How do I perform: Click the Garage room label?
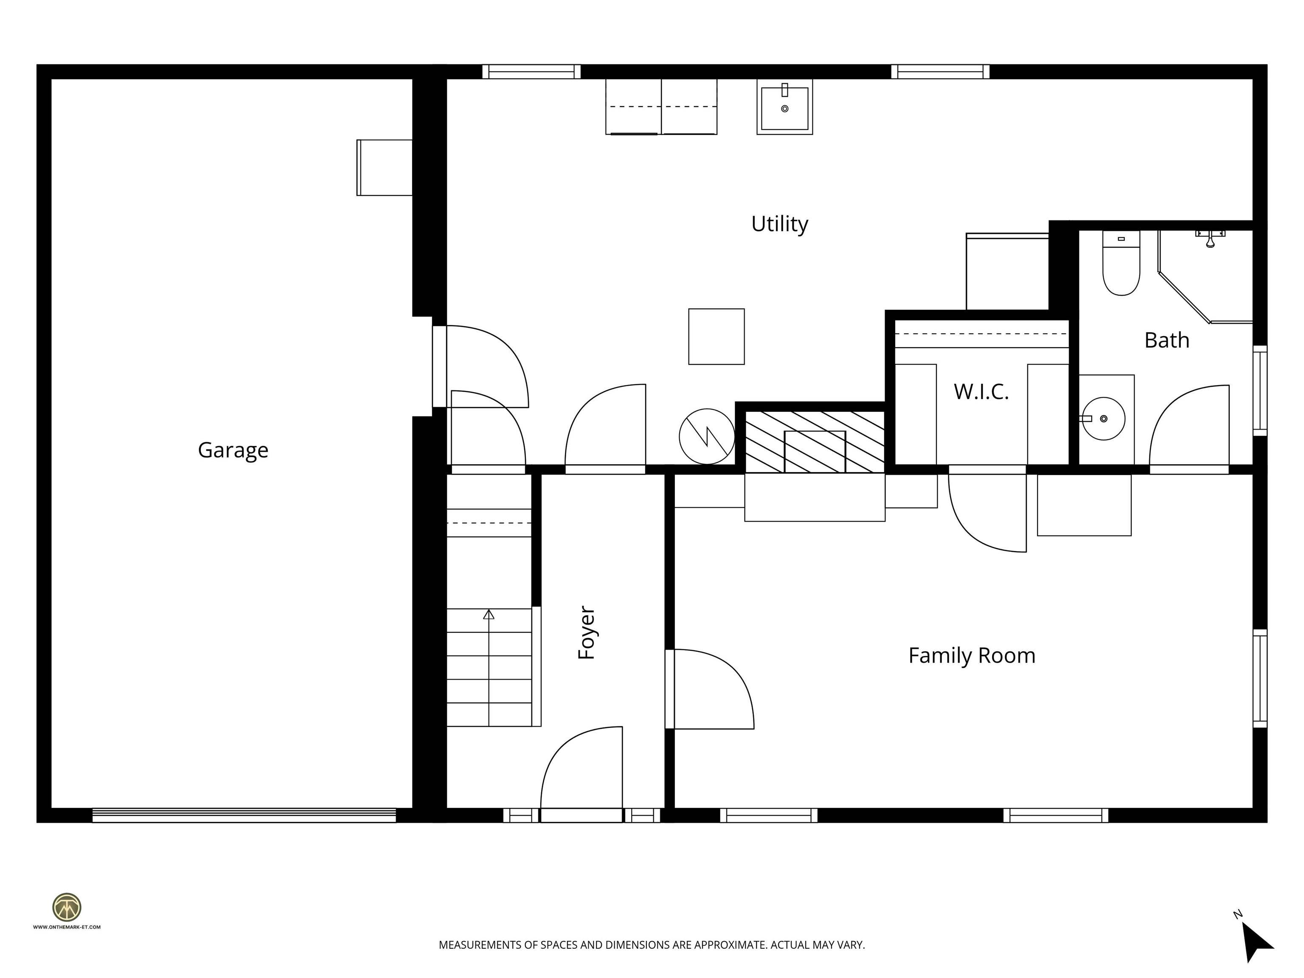(233, 450)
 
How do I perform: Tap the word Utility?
(779, 224)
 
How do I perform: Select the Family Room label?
(972, 655)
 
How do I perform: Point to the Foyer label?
(587, 632)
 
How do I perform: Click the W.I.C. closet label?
(981, 391)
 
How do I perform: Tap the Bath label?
(1166, 340)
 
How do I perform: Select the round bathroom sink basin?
(1104, 419)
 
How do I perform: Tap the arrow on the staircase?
(488, 615)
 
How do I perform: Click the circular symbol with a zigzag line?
(706, 436)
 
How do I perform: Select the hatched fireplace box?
(815, 442)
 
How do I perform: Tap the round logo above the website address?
(67, 907)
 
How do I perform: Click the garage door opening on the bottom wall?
(244, 815)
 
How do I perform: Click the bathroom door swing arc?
(1189, 426)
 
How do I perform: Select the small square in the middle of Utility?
(716, 337)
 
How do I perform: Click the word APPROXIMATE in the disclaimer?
(730, 945)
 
